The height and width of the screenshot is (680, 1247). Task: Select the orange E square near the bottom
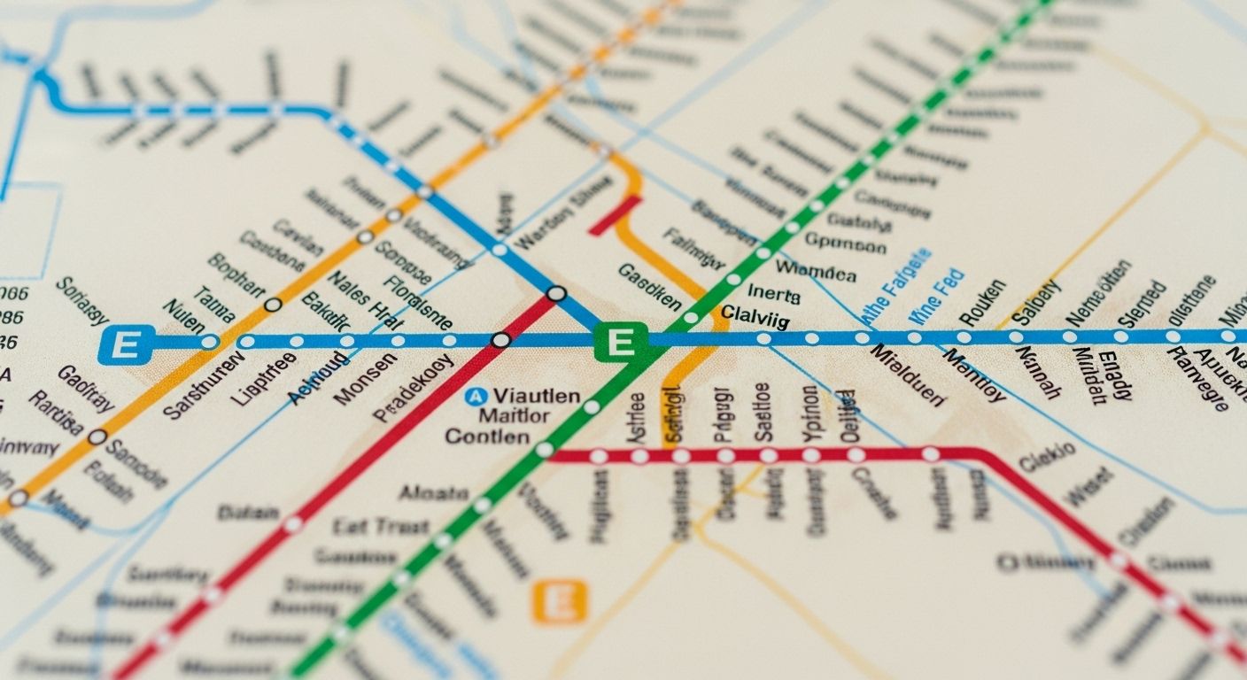559,602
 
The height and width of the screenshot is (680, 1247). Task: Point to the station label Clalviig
755,313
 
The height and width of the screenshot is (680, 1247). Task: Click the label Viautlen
537,396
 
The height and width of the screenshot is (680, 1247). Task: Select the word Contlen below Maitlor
487,437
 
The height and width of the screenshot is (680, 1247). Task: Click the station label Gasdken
649,286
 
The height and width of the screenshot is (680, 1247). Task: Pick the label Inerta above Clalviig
773,294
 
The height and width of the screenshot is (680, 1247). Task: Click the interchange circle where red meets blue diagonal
556,293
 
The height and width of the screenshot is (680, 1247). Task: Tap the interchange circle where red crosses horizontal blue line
500,340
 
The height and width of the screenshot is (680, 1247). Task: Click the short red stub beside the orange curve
614,215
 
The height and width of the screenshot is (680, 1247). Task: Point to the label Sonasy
81,301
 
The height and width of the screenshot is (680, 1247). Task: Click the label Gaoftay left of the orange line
86,389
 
